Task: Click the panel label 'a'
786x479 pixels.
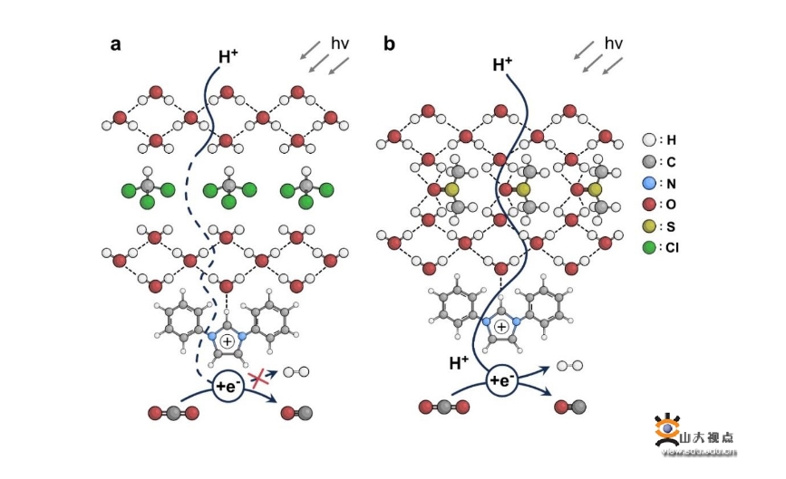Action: tap(115, 43)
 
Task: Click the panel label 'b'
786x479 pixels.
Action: tap(389, 43)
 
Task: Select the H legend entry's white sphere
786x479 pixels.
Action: tap(648, 140)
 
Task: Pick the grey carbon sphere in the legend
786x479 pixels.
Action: tap(648, 161)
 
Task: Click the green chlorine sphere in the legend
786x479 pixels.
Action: tap(648, 245)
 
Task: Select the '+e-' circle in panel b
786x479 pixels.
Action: tap(502, 380)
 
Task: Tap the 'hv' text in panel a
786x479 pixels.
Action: tap(340, 43)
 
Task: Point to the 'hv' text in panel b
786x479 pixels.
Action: tap(614, 43)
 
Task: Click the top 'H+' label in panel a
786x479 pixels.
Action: tap(228, 57)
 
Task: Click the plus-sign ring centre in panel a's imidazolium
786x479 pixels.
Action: tap(226, 343)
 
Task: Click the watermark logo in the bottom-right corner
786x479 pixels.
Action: tap(669, 429)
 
